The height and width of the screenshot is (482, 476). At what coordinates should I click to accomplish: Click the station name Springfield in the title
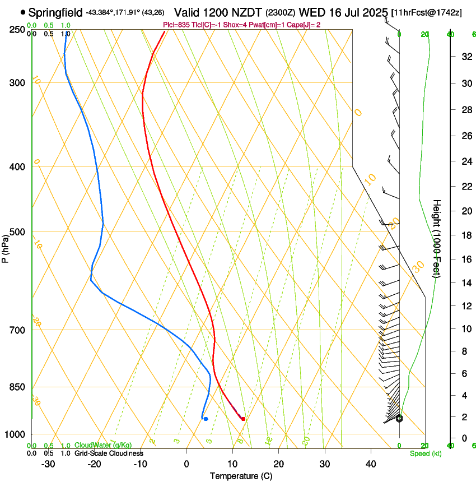coord(55,12)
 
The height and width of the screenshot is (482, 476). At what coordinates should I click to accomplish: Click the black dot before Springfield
coord(22,12)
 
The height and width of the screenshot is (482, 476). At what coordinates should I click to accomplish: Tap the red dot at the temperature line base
coord(243,419)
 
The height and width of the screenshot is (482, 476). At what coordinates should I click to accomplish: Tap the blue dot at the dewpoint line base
coord(206,419)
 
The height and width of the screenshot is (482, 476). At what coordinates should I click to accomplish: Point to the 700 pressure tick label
coord(18,330)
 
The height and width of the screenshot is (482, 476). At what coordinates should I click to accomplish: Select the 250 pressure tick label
coord(18,30)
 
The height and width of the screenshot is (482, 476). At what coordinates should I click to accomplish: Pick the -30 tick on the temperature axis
coord(48,464)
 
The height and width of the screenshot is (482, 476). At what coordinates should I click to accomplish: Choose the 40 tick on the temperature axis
coord(370,464)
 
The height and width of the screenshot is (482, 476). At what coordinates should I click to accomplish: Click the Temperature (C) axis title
coord(241,476)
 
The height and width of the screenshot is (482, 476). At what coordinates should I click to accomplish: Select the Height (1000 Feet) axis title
coord(437,238)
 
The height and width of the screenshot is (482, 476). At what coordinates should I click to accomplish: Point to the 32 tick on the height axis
coord(465,56)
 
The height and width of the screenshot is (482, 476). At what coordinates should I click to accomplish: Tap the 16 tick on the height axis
coord(465,259)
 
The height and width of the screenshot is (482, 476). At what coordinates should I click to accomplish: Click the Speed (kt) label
coord(425,453)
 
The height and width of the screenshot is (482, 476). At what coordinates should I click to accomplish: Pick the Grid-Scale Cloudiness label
coord(109,453)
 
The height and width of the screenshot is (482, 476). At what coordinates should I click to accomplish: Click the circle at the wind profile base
coord(399,419)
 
